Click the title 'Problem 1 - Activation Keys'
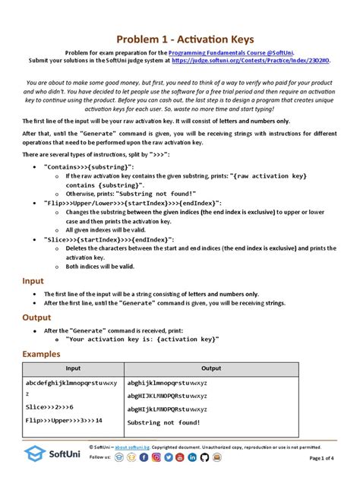(x=180, y=39)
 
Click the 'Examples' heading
(x=44, y=354)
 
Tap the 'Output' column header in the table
(x=211, y=368)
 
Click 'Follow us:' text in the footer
(x=100, y=458)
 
